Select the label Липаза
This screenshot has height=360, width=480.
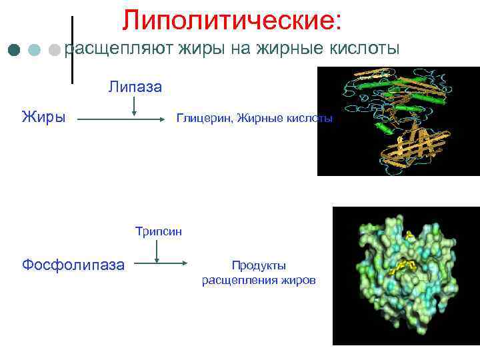tap(135, 87)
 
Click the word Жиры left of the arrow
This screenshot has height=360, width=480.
tap(43, 118)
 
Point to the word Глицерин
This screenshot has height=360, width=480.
tap(200, 119)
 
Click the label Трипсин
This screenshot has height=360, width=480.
tap(158, 231)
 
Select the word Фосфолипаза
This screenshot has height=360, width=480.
tap(73, 265)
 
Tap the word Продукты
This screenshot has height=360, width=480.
tap(259, 265)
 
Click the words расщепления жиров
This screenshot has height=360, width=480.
tap(259, 280)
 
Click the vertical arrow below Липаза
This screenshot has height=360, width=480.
tap(135, 105)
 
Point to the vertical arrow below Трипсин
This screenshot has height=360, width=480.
tap(157, 251)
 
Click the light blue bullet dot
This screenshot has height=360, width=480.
tap(34, 50)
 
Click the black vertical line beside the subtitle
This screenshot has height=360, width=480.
tap(72, 50)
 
